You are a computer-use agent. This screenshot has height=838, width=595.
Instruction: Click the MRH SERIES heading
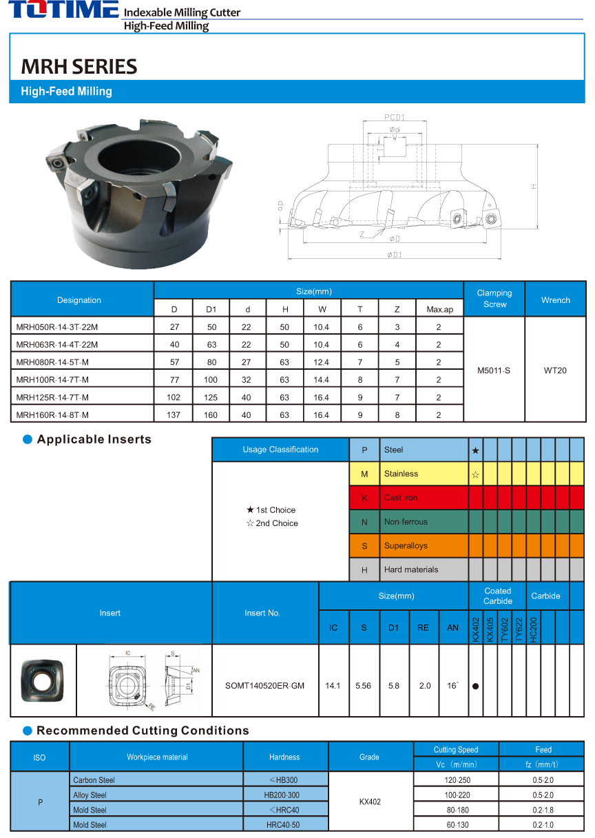click(79, 67)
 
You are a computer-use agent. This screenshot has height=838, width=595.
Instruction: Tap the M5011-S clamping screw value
click(494, 370)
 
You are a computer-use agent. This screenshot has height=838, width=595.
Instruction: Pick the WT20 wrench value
click(555, 370)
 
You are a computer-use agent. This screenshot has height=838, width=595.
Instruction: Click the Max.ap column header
click(439, 309)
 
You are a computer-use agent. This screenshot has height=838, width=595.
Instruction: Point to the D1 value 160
click(211, 415)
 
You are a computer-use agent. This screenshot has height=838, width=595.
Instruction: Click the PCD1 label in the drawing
click(394, 117)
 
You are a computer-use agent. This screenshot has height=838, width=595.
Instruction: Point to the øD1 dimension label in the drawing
click(394, 255)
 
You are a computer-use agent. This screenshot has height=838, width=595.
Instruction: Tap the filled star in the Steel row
click(475, 450)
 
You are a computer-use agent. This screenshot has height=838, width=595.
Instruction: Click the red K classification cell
click(364, 498)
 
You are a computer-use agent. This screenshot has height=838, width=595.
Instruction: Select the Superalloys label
click(406, 546)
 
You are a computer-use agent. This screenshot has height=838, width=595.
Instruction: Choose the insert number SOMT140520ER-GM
click(265, 686)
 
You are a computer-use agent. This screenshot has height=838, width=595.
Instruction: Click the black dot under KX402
click(475, 687)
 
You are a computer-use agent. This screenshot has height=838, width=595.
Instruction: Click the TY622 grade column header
click(519, 627)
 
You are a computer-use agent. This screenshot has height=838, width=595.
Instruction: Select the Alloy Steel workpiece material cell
click(90, 795)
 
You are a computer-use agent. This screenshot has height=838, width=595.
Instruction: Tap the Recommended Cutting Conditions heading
click(143, 731)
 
